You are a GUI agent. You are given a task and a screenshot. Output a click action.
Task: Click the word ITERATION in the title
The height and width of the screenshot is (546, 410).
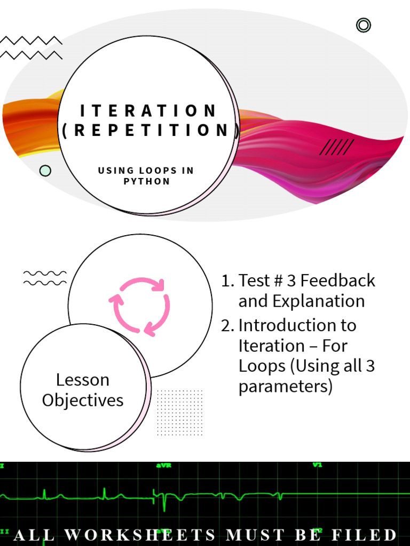click(x=148, y=111)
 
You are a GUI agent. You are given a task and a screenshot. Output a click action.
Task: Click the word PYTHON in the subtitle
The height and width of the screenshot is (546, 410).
click(x=146, y=181)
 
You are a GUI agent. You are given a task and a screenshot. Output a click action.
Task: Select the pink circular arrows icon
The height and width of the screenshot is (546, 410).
click(x=140, y=307)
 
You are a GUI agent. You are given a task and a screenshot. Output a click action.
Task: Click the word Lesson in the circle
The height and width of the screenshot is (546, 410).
click(x=83, y=380)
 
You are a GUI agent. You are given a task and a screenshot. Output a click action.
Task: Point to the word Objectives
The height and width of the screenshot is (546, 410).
click(x=83, y=400)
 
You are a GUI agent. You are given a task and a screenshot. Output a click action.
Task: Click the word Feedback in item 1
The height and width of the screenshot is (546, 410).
click(x=342, y=280)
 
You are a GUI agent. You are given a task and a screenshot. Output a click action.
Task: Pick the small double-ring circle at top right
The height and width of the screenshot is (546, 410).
click(x=364, y=25)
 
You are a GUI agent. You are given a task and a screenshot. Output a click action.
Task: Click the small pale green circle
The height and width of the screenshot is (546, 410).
click(x=45, y=171)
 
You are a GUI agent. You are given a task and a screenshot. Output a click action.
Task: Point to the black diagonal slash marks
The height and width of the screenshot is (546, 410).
click(x=337, y=147)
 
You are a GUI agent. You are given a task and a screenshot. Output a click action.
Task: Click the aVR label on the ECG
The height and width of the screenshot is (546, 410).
click(x=163, y=465)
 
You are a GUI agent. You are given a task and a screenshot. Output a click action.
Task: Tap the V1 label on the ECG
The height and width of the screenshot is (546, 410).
click(x=318, y=465)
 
